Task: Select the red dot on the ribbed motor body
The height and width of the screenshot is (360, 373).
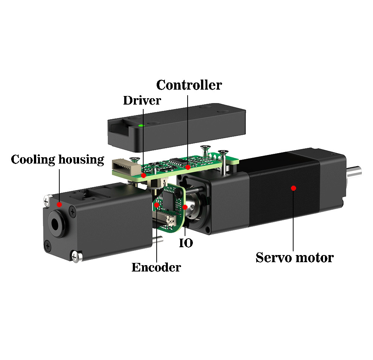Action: (294, 188)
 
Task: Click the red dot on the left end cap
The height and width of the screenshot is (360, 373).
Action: (59, 204)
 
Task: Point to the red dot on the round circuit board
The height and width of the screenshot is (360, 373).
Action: (157, 205)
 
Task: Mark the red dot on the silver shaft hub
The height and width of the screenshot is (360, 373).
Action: (185, 207)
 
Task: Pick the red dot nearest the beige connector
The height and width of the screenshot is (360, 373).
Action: (144, 175)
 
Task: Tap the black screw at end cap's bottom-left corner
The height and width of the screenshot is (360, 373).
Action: (48, 245)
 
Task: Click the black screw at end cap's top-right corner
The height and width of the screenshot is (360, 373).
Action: (72, 212)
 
